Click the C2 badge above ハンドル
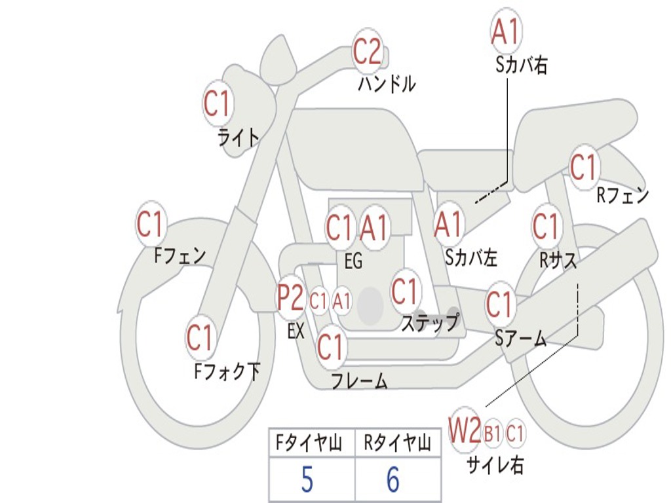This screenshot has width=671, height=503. pyautogui.click(x=367, y=51)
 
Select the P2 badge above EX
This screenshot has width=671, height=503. pyautogui.click(x=290, y=297)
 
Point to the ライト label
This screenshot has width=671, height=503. pyautogui.click(x=239, y=138)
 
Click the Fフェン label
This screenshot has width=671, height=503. pyautogui.click(x=180, y=256)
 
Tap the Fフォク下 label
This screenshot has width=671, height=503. pyautogui.click(x=227, y=371)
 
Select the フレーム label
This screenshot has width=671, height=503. pyautogui.click(x=360, y=381)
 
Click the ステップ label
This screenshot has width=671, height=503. pyautogui.click(x=430, y=323)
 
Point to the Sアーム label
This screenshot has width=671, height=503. pyautogui.click(x=521, y=339)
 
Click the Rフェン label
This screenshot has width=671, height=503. pyautogui.click(x=623, y=195)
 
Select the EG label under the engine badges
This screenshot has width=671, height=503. pyautogui.click(x=353, y=261)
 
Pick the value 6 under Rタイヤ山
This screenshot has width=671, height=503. pyautogui.click(x=393, y=479)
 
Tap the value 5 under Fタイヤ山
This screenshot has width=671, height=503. pyautogui.click(x=307, y=479)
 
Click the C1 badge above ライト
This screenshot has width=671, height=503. pyautogui.click(x=218, y=103)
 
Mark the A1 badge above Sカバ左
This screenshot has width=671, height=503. pyautogui.click(x=448, y=225)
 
